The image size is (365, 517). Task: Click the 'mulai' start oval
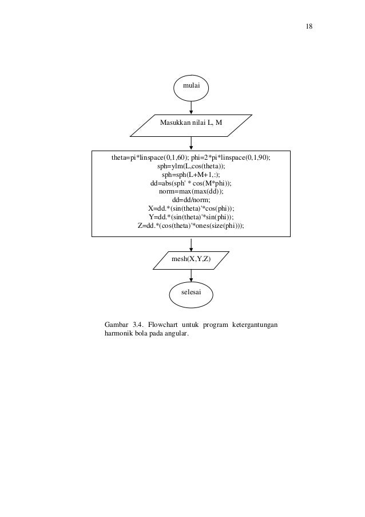pyautogui.click(x=191, y=86)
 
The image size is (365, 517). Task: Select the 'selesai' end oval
pyautogui.click(x=191, y=293)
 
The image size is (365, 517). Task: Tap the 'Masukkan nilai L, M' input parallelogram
pyautogui.click(x=191, y=122)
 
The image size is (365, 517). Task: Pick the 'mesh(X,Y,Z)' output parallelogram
pyautogui.click(x=191, y=259)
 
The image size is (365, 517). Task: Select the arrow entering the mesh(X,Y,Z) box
pyautogui.click(x=191, y=243)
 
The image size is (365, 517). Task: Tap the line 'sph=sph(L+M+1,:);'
pyautogui.click(x=191, y=175)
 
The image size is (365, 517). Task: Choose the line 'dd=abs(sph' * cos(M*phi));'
pyautogui.click(x=191, y=183)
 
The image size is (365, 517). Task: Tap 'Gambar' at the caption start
pyautogui.click(x=117, y=326)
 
